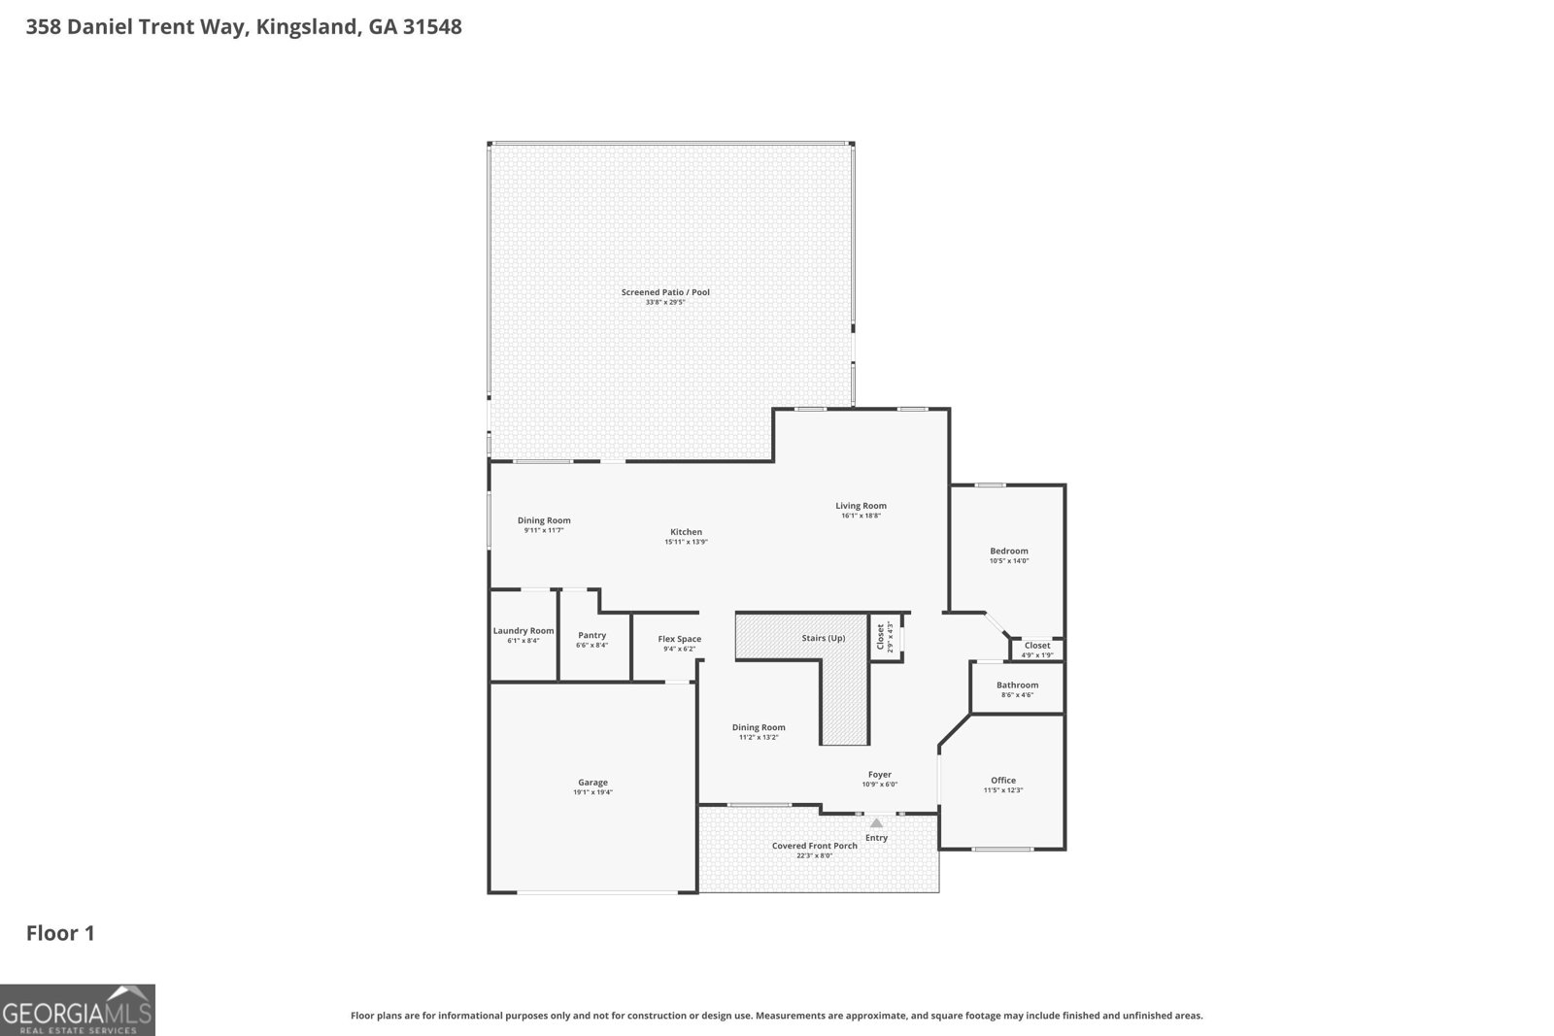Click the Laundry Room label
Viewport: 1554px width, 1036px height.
coord(524,631)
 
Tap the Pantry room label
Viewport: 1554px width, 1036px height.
coord(591,635)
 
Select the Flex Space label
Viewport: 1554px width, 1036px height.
coord(679,639)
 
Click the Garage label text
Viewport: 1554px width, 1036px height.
coord(592,783)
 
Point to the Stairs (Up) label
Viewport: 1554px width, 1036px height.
coord(823,638)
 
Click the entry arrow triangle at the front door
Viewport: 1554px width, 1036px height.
coord(876,823)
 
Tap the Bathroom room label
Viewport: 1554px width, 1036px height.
coord(1017,685)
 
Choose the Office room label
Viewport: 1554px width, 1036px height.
coord(1003,780)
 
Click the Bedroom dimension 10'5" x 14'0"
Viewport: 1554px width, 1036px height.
coord(1008,561)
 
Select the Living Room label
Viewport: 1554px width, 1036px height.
coord(861,505)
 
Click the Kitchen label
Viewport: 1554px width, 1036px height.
coord(686,531)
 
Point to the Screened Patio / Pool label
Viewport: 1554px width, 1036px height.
coord(665,291)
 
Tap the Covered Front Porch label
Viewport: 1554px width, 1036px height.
coord(814,846)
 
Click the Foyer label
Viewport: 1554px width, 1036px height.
coord(880,774)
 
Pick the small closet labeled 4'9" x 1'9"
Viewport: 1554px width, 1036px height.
coord(1036,649)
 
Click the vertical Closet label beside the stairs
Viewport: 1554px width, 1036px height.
coord(881,636)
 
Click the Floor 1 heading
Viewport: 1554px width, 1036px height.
coord(60,933)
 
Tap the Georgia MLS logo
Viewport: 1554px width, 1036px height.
coord(77,1010)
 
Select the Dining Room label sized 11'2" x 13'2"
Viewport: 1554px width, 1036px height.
coord(758,727)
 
